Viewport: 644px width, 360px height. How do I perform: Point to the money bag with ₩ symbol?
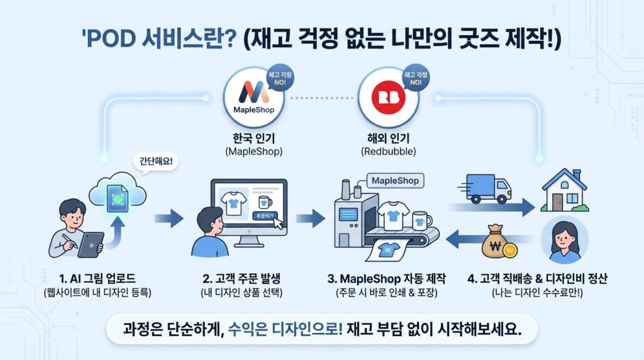pos(498,244)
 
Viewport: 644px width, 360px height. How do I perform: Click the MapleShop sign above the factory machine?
pos(395,181)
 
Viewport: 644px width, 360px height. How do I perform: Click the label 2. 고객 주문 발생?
pos(242,278)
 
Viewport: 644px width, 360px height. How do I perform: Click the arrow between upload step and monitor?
pos(168,218)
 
